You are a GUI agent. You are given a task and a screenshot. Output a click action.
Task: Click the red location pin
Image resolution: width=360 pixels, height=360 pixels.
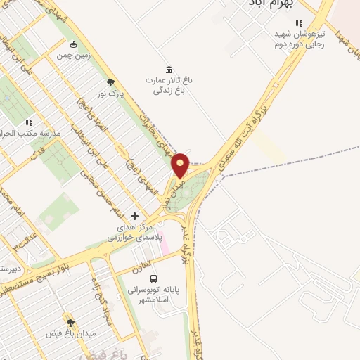pos(181,166)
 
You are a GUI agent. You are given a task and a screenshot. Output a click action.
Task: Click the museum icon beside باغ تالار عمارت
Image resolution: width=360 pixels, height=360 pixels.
pos(169,69)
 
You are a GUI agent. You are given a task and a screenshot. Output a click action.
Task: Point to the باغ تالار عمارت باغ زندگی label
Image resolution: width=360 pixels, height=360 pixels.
pos(169,85)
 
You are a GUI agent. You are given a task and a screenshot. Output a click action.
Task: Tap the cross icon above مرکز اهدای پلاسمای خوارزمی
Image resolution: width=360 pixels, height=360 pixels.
pos(134,216)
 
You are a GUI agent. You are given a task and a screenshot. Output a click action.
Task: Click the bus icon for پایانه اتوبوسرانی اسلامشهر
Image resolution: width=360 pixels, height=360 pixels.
pos(154,278)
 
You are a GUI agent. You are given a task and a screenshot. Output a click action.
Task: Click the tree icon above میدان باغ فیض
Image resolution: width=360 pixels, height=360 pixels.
pos(70,321)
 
